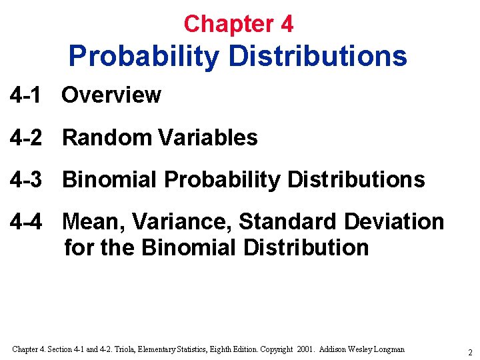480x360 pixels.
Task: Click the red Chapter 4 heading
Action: pyautogui.click(x=238, y=24)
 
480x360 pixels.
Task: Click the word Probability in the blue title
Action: pyautogui.click(x=143, y=56)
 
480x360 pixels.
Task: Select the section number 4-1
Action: pyautogui.click(x=25, y=95)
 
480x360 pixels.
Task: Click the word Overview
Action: pyautogui.click(x=111, y=95)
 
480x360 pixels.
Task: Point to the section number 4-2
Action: pyautogui.click(x=25, y=137)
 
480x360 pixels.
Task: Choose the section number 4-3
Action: pyautogui.click(x=25, y=179)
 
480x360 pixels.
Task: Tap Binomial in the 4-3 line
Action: pyautogui.click(x=110, y=179)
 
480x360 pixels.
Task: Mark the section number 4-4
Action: pyautogui.click(x=25, y=221)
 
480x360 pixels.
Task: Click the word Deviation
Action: pyautogui.click(x=393, y=221)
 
